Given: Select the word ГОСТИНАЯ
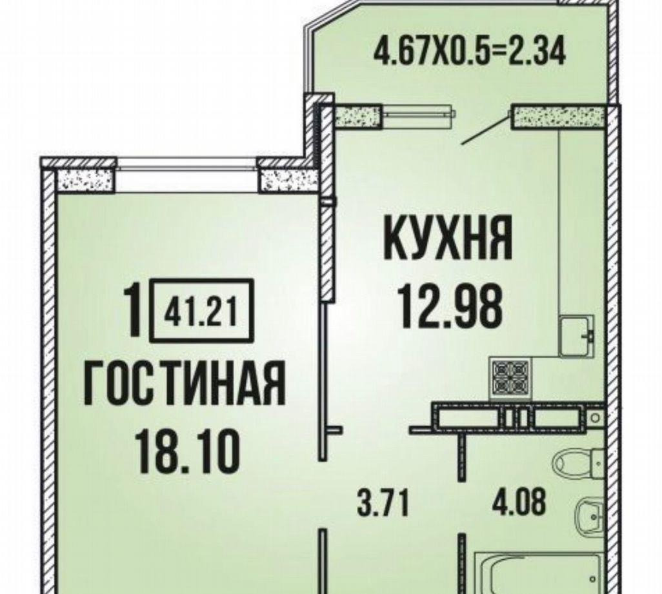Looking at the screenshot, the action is pyautogui.click(x=184, y=384).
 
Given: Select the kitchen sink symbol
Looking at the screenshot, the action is pyautogui.click(x=577, y=336).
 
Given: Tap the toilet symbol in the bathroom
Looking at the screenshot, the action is pyautogui.click(x=580, y=462).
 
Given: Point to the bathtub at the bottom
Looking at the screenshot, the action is pyautogui.click(x=538, y=572).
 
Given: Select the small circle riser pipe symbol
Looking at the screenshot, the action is pyautogui.click(x=596, y=418).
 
